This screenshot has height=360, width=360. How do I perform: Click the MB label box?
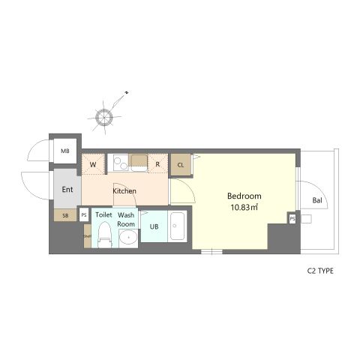[64, 150]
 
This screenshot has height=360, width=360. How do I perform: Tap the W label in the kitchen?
[94, 163]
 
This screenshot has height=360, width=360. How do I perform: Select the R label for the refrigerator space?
[157, 163]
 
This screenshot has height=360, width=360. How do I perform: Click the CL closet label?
[181, 164]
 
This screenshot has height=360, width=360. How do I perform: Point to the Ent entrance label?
[67, 190]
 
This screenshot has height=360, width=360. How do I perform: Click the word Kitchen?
[124, 191]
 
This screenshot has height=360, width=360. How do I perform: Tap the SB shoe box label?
[65, 215]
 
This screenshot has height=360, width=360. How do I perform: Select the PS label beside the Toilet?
[84, 215]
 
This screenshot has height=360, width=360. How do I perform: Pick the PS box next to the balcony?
[292, 218]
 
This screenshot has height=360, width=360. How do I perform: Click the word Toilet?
[103, 215]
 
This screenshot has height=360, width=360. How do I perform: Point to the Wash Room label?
[126, 220]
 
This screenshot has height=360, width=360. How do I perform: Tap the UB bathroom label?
[154, 226]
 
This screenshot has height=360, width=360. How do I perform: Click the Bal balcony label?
[318, 200]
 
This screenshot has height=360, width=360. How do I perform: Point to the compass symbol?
[101, 115]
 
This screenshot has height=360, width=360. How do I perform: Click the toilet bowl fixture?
[105, 236]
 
